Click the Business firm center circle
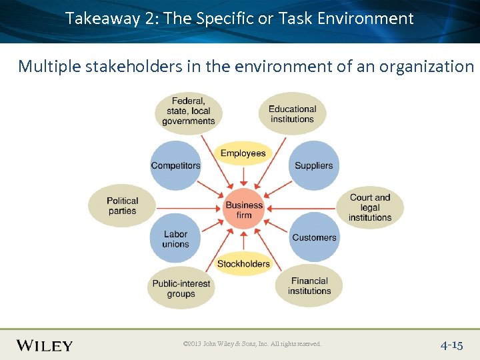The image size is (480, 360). tap(244, 209)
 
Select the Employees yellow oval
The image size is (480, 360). tap(243, 153)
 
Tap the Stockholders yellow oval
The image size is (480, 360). tap(244, 263)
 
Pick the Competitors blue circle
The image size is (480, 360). tap(175, 165)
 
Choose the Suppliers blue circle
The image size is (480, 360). tap(313, 165)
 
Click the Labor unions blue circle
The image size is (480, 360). tap(175, 238)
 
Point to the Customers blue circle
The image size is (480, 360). tap(314, 237)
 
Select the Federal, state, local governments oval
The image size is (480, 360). tap(188, 111)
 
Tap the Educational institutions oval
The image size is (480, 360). tap(292, 114)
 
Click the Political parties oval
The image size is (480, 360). tap(122, 205)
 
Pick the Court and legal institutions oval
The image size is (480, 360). tap(370, 207)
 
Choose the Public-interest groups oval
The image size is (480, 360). tap(181, 288)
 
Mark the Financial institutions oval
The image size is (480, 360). tap(309, 286)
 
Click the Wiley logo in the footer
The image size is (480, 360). tap(45, 345)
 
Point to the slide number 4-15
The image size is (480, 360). tap(451, 345)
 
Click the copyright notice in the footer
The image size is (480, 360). tap(252, 344)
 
